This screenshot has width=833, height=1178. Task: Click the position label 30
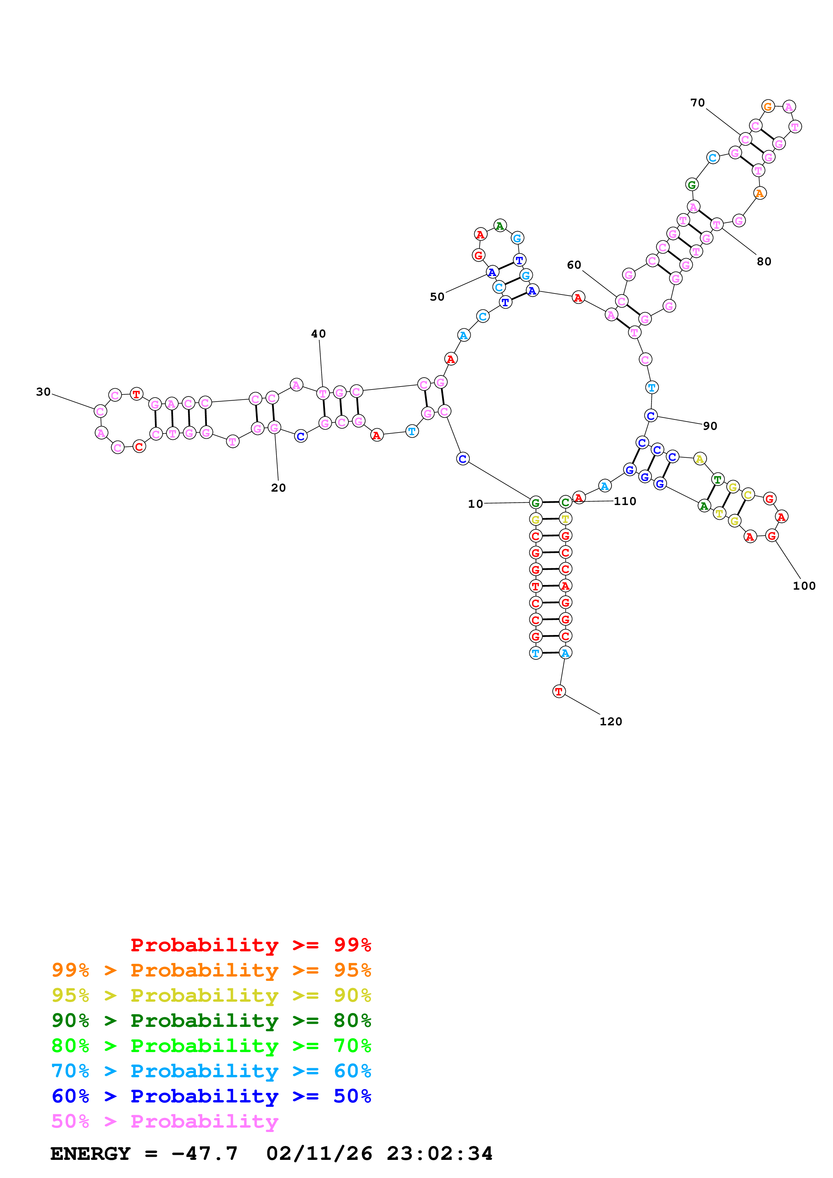click(43, 392)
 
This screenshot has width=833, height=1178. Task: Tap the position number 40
click(318, 334)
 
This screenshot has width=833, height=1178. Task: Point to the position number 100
click(804, 586)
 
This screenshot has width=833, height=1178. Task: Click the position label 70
click(697, 103)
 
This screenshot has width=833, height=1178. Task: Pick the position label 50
click(437, 297)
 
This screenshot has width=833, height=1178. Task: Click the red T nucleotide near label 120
click(559, 692)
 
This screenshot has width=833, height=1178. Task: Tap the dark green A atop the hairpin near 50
click(500, 226)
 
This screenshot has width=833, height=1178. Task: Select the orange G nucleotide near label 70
click(768, 107)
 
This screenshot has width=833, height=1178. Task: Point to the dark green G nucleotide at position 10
click(535, 503)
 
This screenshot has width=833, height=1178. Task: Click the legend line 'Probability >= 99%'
click(250, 945)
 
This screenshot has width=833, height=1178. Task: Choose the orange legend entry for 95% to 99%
click(211, 970)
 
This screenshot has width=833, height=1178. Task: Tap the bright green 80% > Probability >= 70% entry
click(211, 1046)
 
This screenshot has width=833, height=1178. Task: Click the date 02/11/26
click(319, 1153)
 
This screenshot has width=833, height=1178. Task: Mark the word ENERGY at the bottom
click(90, 1153)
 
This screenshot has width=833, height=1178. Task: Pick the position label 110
click(625, 501)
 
